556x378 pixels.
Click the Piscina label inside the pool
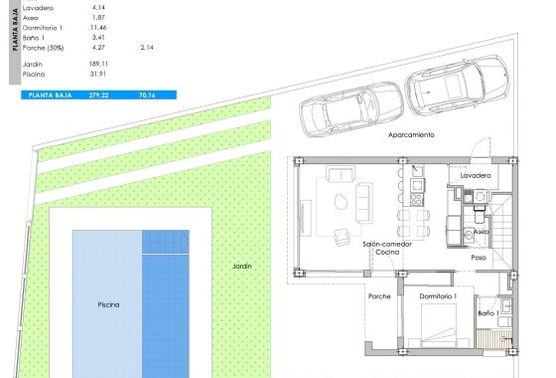pyautogui.click(x=109, y=304)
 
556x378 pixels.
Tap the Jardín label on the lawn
pyautogui.click(x=242, y=267)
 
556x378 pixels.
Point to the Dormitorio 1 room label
pyautogui.click(x=438, y=296)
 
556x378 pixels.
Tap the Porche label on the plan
pyautogui.click(x=379, y=296)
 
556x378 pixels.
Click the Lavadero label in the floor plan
pyautogui.click(x=476, y=175)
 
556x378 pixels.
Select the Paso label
pyautogui.click(x=479, y=256)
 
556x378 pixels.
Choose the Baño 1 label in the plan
pyautogui.click(x=487, y=313)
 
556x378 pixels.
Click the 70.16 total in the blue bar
pyautogui.click(x=147, y=94)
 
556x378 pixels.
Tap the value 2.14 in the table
pyautogui.click(x=147, y=47)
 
